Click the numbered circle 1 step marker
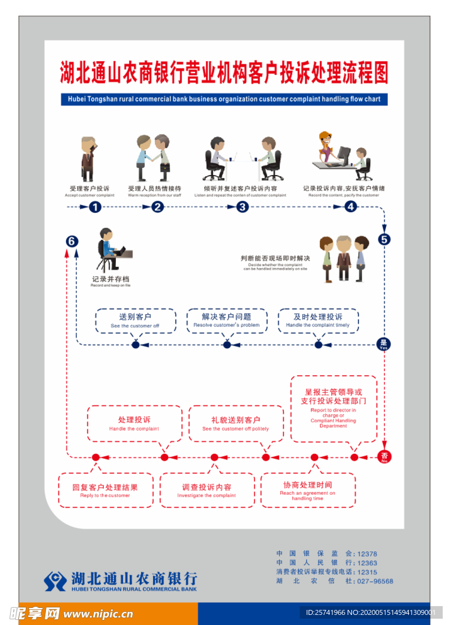[94, 207]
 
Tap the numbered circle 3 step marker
[242, 207]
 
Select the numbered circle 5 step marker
[385, 239]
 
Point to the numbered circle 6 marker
[72, 241]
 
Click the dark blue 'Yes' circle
[384, 344]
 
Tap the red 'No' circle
[384, 457]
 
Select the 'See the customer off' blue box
[135, 320]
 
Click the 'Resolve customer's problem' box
[226, 320]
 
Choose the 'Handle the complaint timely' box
[318, 320]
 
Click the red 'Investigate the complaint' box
[207, 490]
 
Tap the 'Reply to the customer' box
[105, 490]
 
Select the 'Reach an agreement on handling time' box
[308, 490]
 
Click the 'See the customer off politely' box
[236, 423]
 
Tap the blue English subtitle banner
[224, 99]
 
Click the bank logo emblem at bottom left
[55, 580]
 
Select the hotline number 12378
[367, 554]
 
